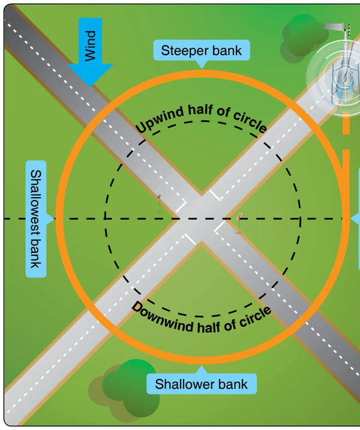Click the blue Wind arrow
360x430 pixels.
point(90,52)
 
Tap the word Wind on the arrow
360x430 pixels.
point(91,46)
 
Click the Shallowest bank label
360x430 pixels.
point(37,219)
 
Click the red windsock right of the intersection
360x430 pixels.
point(239,223)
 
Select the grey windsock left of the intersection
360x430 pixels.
point(160,203)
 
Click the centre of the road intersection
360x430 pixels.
point(202,219)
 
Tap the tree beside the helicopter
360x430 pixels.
point(304,38)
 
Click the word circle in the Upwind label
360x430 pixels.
point(250,121)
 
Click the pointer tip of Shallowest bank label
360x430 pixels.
point(55,219)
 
